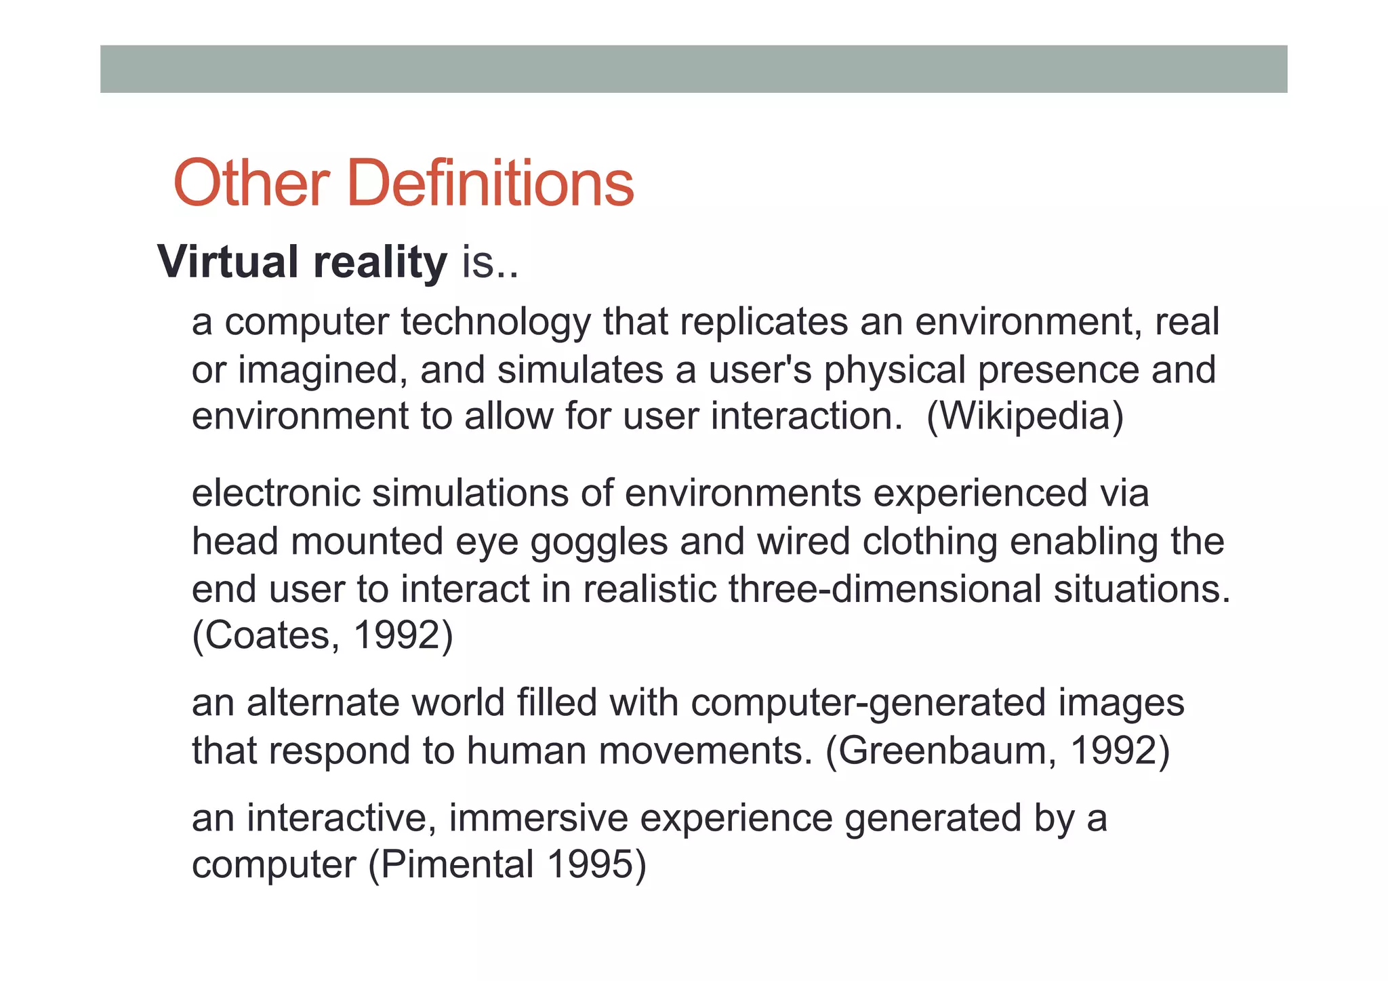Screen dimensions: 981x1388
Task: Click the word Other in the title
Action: pos(251,183)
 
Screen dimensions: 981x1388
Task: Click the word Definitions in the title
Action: pos(490,183)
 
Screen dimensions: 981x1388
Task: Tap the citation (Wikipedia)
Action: pos(1025,416)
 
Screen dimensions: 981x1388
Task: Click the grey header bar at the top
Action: pos(693,69)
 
